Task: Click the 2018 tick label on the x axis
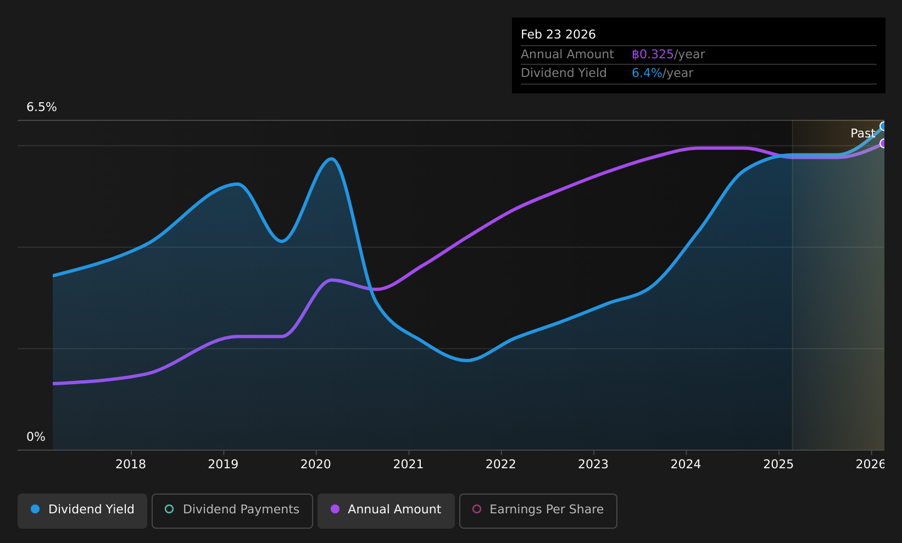131,464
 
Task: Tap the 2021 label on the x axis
408,464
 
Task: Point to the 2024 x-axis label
686,464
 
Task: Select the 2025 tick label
778,464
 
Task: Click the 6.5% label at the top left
42,107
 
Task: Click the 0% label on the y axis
36,437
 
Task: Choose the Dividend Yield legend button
82,509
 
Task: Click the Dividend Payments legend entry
232,509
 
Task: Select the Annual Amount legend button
386,509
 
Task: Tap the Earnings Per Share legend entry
538,509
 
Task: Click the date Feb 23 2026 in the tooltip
558,35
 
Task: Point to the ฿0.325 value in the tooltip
653,54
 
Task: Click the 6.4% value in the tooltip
647,73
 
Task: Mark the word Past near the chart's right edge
862,134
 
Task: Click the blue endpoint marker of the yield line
883,126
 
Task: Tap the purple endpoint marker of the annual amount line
883,143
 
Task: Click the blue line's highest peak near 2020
331,159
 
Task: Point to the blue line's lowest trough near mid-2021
466,361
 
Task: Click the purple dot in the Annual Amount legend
335,509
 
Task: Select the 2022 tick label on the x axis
501,464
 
